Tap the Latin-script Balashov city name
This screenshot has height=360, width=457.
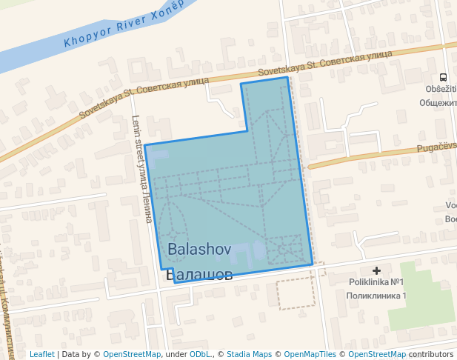pos(200,250)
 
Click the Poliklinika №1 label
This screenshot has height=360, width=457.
pos(376,282)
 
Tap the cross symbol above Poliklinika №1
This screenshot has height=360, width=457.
pos(377,271)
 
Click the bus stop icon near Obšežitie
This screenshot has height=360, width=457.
pos(443,77)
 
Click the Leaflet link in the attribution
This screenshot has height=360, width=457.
pos(41,354)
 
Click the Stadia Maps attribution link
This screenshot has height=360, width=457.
pos(249,354)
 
